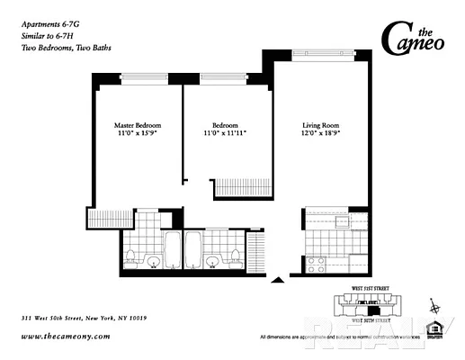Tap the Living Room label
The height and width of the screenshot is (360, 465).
[x=320, y=125]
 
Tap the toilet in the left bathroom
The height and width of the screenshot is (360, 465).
[x=130, y=255]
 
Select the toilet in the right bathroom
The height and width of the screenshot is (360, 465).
[x=235, y=255]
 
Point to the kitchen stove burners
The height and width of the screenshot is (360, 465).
[x=316, y=265]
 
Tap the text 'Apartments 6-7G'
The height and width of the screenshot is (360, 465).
[x=49, y=9]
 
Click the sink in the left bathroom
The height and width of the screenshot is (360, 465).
[x=153, y=263]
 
